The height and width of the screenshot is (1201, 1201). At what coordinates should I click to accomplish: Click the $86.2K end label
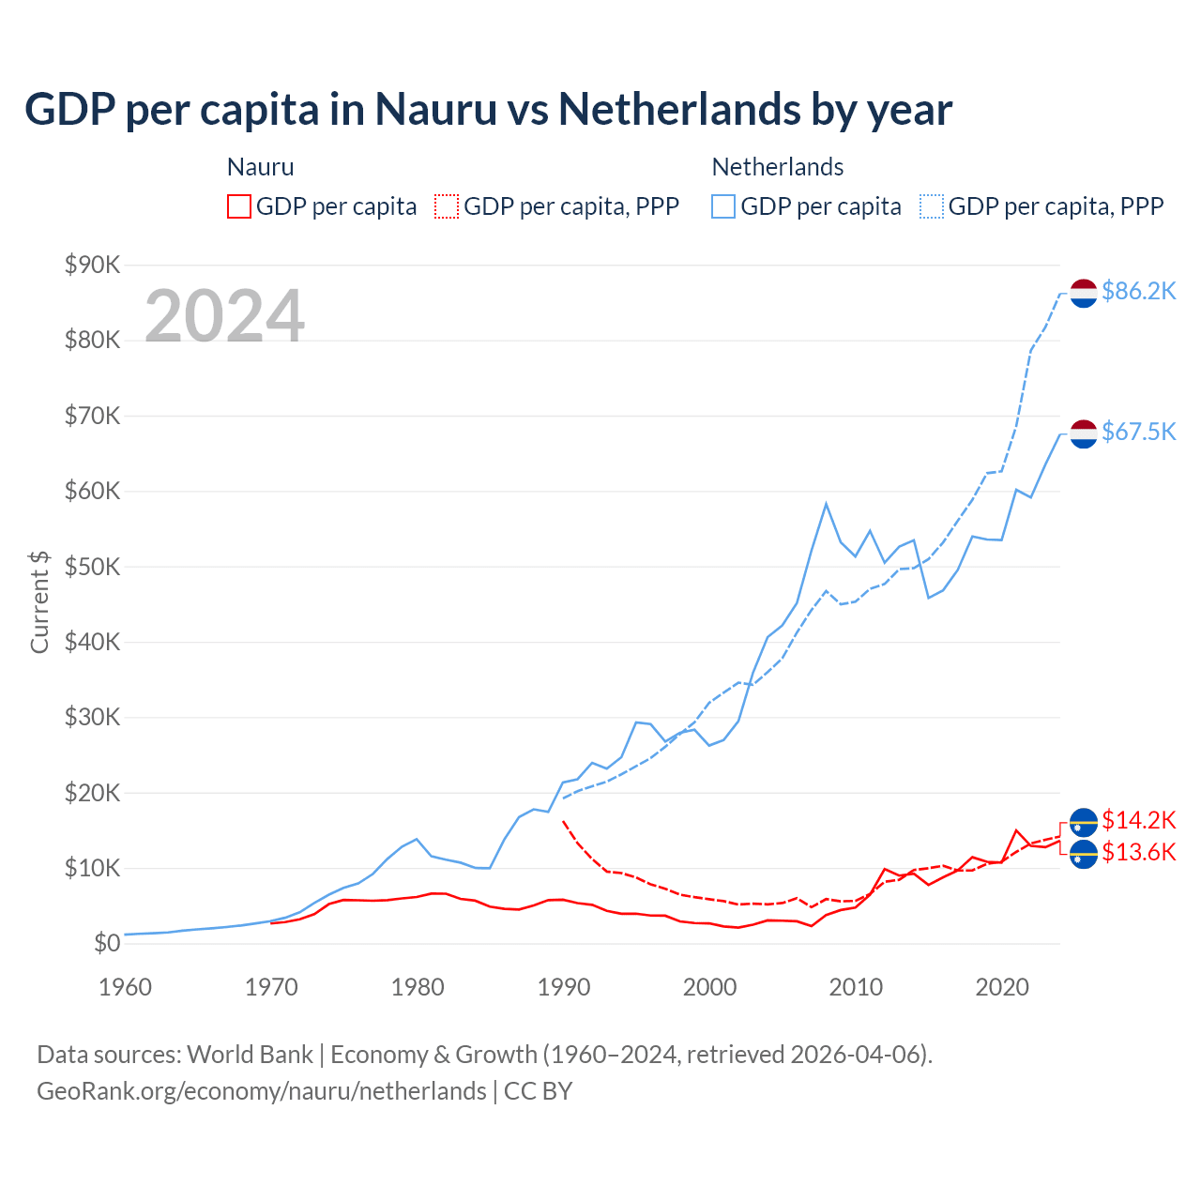[x=1138, y=291]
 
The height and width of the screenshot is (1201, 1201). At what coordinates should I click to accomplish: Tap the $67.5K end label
[x=1138, y=432]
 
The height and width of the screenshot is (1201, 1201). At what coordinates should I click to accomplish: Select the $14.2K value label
[x=1138, y=820]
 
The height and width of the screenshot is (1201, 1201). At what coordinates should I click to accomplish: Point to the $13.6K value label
[x=1138, y=852]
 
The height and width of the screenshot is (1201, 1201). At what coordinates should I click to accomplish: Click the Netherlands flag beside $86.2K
[x=1084, y=293]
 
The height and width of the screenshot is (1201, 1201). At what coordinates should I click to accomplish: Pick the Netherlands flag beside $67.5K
[x=1084, y=433]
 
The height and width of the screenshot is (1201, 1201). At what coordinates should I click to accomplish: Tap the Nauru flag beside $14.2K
[x=1084, y=822]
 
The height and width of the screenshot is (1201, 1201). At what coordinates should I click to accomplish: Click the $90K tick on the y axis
[x=93, y=265]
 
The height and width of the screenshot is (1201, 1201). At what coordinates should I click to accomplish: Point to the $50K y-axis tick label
[x=93, y=567]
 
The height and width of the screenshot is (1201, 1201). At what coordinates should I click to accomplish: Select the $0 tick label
[x=107, y=944]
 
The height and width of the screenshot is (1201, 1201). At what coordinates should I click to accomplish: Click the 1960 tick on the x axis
[x=125, y=987]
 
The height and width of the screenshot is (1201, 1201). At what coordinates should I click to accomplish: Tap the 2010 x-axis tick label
[x=856, y=987]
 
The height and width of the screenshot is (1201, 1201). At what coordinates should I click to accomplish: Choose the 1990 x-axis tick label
[x=564, y=987]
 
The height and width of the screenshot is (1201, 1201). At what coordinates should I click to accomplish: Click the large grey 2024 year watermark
[x=224, y=316]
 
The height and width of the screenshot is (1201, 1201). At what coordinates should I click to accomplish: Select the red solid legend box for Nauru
[x=239, y=206]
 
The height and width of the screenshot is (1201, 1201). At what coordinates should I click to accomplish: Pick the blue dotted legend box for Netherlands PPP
[x=932, y=206]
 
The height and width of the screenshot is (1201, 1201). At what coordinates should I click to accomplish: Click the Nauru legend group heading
[x=261, y=167]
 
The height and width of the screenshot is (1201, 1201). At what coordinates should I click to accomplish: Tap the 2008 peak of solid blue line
[x=826, y=504]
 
